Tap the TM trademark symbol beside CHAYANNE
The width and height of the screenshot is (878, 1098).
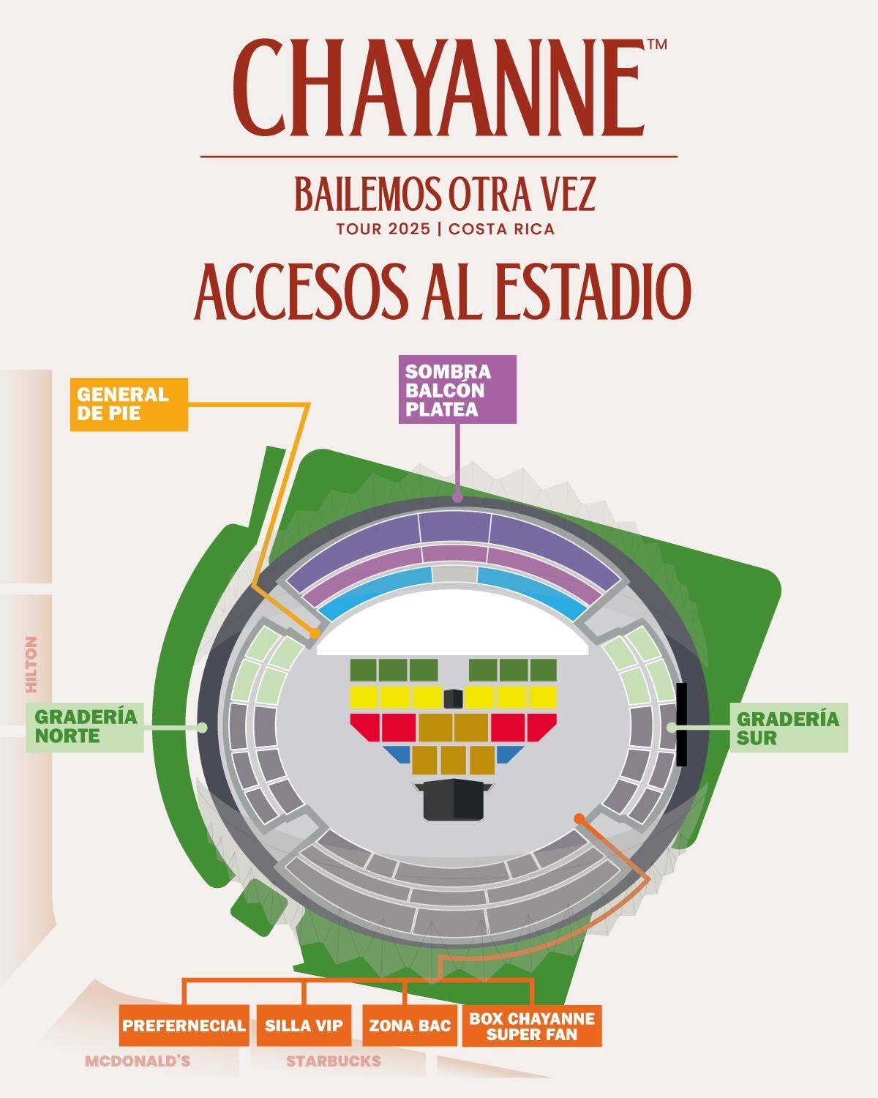(656, 45)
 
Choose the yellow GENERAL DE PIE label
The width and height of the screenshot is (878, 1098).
(129, 404)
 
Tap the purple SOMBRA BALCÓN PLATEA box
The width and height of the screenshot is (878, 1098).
(457, 389)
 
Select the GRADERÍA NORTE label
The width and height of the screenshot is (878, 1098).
(86, 727)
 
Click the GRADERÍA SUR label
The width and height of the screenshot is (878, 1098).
(789, 728)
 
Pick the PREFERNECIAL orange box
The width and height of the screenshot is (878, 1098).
(184, 1026)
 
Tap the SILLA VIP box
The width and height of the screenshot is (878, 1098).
(304, 1026)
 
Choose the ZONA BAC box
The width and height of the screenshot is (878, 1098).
(410, 1026)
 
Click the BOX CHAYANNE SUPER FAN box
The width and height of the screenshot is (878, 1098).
(532, 1026)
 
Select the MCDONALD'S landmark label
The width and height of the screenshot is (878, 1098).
(138, 1061)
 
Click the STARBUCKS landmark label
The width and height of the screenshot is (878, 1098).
(334, 1061)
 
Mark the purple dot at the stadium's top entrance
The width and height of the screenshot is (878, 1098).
(458, 498)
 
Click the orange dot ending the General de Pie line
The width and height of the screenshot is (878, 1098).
(315, 632)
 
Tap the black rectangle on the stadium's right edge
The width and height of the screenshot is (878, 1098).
(682, 725)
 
